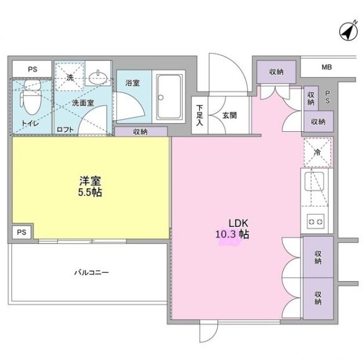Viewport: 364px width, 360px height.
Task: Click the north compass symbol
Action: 346,30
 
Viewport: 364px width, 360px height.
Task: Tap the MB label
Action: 327,67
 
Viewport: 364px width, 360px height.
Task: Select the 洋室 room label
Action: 90,181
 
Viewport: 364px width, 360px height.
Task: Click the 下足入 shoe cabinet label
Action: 198,115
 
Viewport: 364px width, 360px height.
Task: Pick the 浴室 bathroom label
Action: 132,82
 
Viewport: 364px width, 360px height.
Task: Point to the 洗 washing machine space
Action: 70,77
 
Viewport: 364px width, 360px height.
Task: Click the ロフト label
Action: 65,129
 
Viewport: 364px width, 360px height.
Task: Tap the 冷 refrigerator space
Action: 317,152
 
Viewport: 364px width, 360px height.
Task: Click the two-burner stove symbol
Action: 317,221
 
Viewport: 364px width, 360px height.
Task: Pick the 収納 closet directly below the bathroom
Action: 141,131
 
